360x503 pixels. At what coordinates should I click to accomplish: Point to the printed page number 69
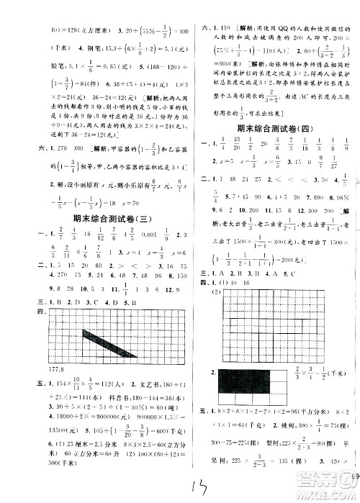(x=354, y=475)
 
